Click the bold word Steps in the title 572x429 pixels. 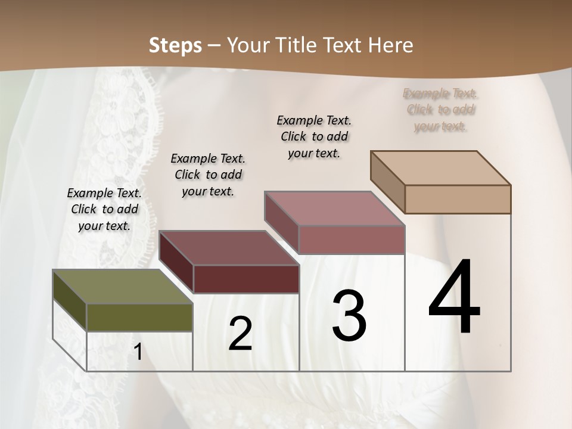(x=175, y=45)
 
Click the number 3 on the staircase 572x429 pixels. (x=349, y=315)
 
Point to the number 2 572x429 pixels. (x=240, y=334)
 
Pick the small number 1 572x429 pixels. (x=138, y=352)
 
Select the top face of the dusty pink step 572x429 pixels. (x=334, y=209)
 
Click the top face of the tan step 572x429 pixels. (x=441, y=168)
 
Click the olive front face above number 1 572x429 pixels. (x=139, y=317)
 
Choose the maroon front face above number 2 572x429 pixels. (x=246, y=279)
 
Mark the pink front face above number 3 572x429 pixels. (x=352, y=240)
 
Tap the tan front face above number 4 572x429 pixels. (x=458, y=199)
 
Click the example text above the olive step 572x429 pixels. (x=104, y=209)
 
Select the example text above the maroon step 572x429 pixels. (x=208, y=175)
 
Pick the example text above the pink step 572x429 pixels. (x=314, y=136)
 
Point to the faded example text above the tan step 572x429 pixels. (x=440, y=110)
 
